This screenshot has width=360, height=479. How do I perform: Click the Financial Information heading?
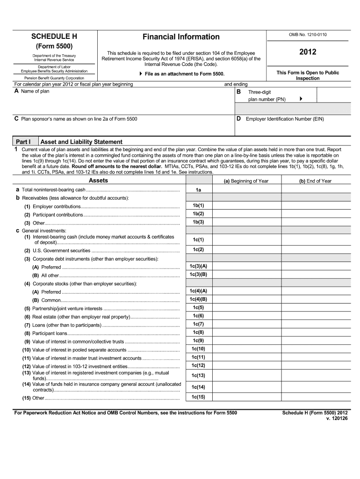(x=181, y=36)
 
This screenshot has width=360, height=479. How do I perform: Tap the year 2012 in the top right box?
(x=308, y=52)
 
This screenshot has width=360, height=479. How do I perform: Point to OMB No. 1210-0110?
(x=308, y=35)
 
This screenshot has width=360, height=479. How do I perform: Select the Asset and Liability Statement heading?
(x=82, y=142)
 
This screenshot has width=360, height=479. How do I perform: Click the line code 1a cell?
(x=198, y=189)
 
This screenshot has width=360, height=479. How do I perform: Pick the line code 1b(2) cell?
(x=198, y=214)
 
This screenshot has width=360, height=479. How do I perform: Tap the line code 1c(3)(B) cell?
(x=198, y=275)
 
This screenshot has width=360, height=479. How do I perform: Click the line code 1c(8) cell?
(x=198, y=332)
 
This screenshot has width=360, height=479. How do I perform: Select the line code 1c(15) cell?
(x=198, y=397)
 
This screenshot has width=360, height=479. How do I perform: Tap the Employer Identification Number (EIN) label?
(x=285, y=119)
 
